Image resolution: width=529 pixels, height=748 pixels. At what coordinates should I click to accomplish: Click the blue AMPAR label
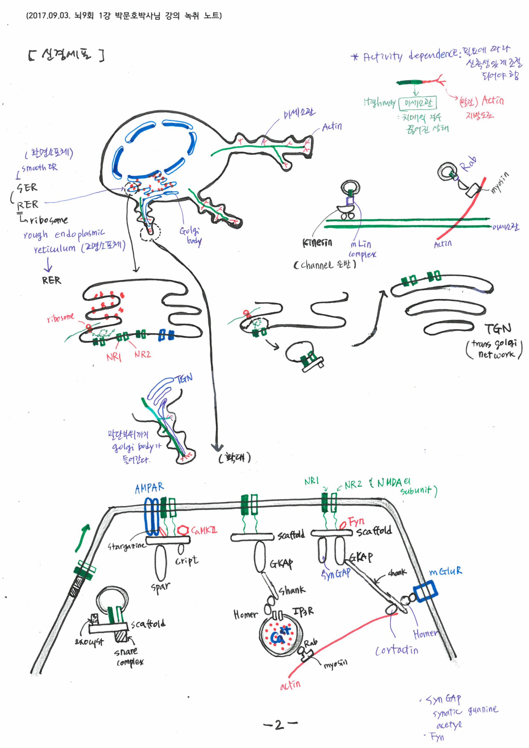(149, 488)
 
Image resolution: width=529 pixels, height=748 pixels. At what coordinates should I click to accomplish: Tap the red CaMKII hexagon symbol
(183, 530)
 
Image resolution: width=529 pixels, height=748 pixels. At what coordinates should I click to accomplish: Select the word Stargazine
(126, 546)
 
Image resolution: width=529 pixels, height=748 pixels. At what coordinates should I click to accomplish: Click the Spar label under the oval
(160, 587)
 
